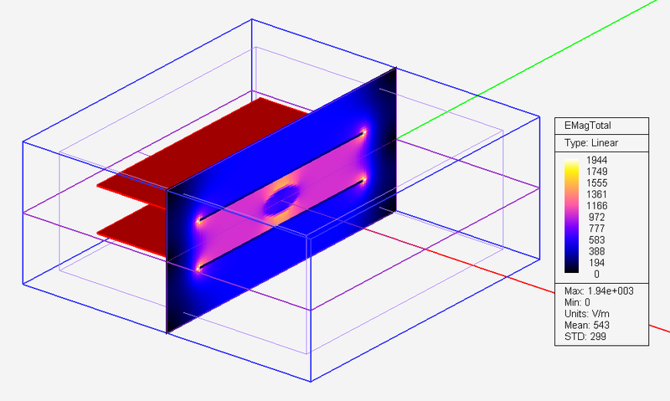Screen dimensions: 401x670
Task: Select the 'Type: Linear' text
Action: tap(590, 142)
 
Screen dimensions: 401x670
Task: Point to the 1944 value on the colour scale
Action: tap(597, 160)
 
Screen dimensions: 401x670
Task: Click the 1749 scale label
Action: tap(597, 172)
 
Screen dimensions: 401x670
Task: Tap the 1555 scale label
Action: tap(597, 183)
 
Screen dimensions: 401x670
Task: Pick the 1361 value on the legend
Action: tap(597, 194)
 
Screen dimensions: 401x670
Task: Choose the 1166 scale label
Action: tap(597, 206)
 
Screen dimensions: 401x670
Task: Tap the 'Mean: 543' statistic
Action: tap(581, 325)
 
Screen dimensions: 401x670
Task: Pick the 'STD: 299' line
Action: tap(579, 337)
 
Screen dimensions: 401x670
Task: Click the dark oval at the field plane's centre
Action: tap(282, 199)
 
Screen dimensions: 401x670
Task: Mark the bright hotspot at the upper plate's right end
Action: tap(364, 132)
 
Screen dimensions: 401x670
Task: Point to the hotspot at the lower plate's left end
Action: tap(200, 268)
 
